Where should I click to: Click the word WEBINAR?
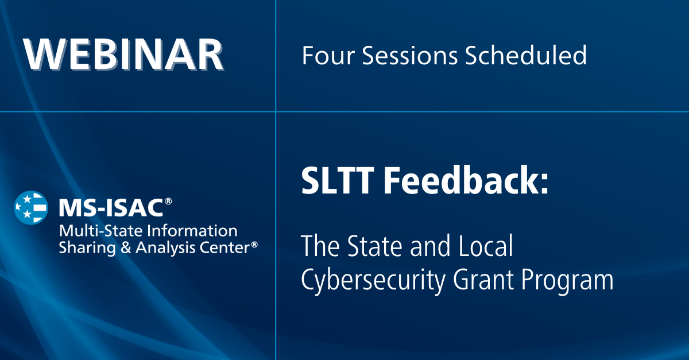pyautogui.click(x=123, y=56)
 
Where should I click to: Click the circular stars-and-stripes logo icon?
pyautogui.click(x=31, y=207)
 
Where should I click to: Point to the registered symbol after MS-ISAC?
pyautogui.click(x=168, y=202)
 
